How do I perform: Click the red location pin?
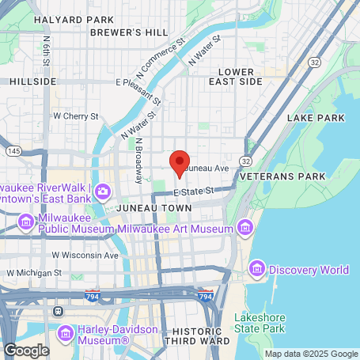(180, 161)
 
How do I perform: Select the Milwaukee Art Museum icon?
(245, 229)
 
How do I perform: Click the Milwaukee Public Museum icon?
(26, 223)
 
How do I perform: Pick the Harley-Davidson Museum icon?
(66, 331)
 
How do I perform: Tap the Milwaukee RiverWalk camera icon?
(106, 192)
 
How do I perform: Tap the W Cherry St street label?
(75, 116)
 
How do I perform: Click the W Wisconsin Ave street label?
(85, 256)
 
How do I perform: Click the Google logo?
(26, 350)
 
